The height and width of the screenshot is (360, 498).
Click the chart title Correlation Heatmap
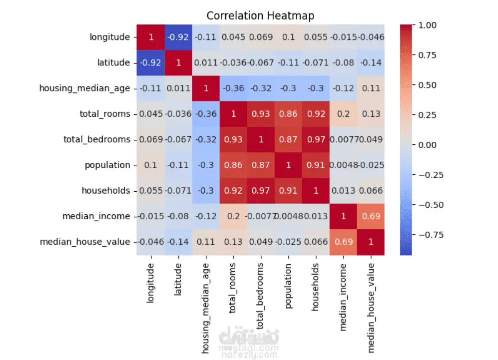tap(260, 15)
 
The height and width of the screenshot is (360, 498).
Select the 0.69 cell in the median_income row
tap(370, 216)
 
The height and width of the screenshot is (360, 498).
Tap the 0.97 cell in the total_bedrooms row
tap(315, 139)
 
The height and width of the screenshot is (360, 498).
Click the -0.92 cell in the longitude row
tap(178, 37)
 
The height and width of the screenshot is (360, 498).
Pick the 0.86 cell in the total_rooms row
tap(288, 114)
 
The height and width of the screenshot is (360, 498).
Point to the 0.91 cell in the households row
tap(288, 190)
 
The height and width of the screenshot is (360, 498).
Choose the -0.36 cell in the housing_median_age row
tap(233, 88)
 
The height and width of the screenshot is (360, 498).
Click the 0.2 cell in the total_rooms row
tap(343, 114)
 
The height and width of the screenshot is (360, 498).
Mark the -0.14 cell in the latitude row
tap(370, 62)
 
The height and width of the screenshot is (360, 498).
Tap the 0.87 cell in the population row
tap(260, 165)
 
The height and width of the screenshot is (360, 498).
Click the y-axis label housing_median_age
tap(85, 88)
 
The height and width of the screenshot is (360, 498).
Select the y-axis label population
tap(106, 165)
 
